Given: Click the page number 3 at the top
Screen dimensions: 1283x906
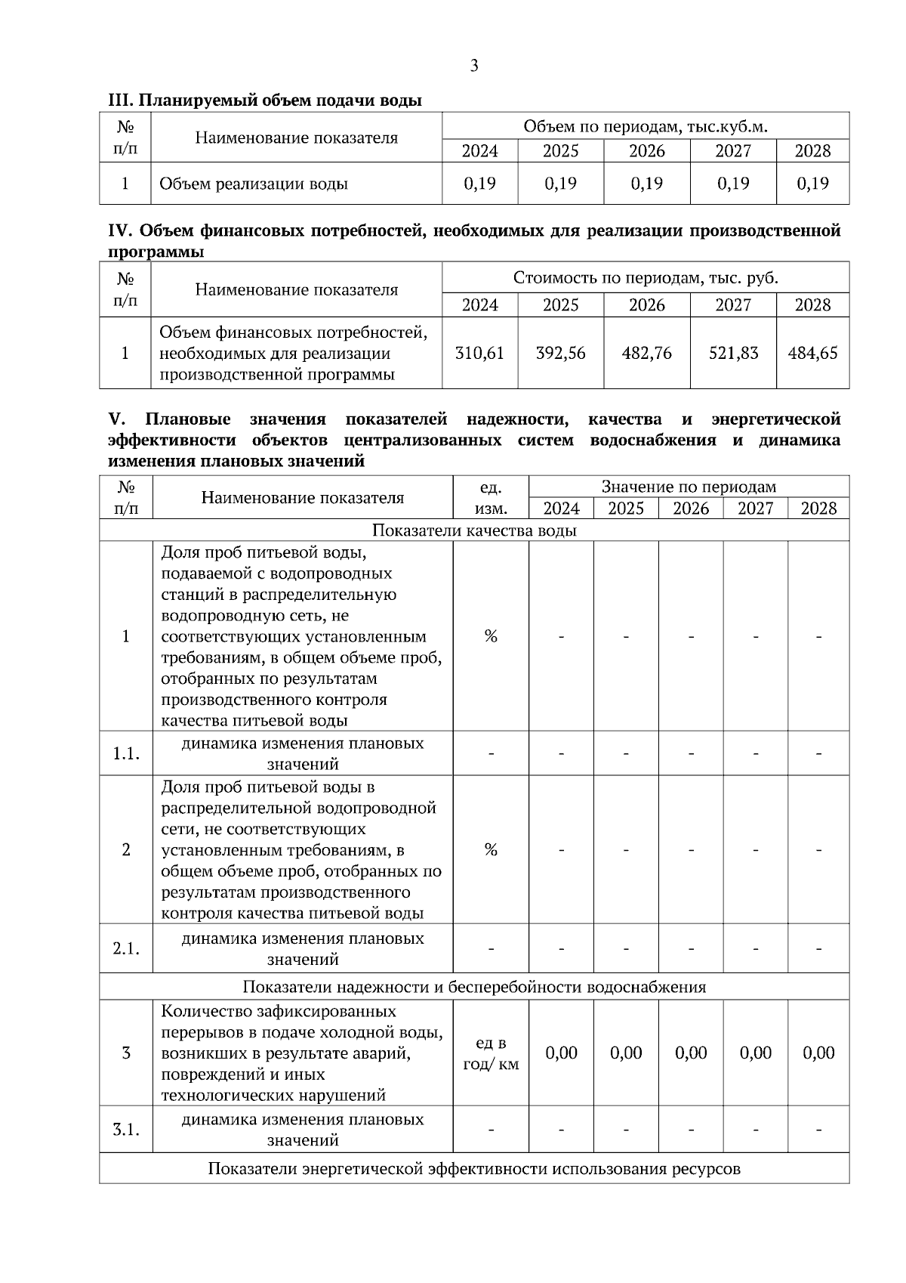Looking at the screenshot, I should pos(474,66).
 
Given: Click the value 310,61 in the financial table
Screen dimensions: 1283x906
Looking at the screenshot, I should pos(479,353).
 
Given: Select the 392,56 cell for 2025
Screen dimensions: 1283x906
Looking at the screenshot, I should pos(560,353).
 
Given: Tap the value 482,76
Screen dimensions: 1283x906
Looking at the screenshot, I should pos(646,353).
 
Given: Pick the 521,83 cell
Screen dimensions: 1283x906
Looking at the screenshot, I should pos(733,353).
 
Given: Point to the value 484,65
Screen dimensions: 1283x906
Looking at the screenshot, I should pos(812,353).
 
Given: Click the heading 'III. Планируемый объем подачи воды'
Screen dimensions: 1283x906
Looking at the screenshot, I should pos(265,100).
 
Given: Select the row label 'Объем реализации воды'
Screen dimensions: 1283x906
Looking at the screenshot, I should pos(254,184).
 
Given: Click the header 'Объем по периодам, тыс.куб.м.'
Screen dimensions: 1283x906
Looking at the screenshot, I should pos(646,126).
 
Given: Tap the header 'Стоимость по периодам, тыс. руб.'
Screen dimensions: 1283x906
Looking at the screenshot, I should pos(646,277).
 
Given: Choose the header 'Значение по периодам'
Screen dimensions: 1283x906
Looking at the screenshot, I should pos(689,487).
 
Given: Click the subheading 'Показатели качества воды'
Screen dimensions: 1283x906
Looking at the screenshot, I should pos(474,530).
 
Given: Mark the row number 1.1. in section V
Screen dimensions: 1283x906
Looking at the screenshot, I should pos(126,753).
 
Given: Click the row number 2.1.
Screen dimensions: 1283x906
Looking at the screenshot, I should pos(126,948).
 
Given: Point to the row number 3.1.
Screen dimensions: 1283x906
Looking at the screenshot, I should pos(126,1130).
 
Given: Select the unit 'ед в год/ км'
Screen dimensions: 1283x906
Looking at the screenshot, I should pos(491,1053).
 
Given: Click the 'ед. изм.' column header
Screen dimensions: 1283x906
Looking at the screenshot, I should pos(491,497).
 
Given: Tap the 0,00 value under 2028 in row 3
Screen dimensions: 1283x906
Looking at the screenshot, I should pos(818,1053).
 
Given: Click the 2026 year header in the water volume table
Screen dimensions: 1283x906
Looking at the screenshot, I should pos(646,151).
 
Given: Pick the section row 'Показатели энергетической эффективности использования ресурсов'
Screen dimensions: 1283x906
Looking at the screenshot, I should pos(474,1169).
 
